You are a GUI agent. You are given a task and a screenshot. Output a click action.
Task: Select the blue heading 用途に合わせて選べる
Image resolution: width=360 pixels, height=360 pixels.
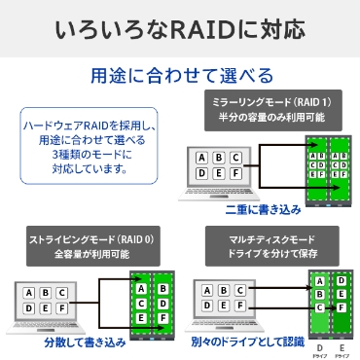pos(181,75)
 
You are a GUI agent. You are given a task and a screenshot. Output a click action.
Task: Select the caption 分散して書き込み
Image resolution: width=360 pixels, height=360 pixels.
pos(85,342)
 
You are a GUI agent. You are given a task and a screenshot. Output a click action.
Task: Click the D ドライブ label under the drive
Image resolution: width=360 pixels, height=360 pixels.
pos(319,347)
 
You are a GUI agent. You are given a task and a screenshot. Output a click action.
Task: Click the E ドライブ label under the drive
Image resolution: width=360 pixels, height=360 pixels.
pos(343,347)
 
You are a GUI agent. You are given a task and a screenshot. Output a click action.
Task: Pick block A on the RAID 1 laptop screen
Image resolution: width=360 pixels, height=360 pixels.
pos(201,159)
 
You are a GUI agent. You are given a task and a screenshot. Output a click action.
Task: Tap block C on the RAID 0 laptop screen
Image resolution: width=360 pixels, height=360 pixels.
pos(62,292)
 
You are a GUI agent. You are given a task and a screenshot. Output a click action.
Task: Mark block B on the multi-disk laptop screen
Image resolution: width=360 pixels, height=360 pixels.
pos(223,292)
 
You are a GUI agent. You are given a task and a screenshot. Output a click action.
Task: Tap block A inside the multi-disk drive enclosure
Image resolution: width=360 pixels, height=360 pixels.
pos(318,282)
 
